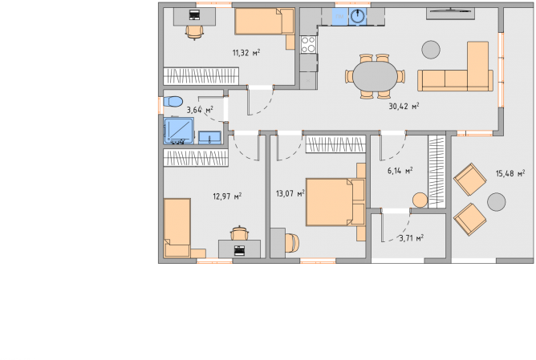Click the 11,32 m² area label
(x=246, y=53)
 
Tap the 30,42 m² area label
(x=404, y=106)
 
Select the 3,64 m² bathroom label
(x=200, y=110)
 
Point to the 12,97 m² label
(x=227, y=196)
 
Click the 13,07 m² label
(x=290, y=194)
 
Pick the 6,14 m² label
(x=400, y=171)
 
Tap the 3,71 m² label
(x=412, y=237)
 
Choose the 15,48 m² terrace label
(x=510, y=173)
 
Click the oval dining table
(x=375, y=76)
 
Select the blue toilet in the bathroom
(x=173, y=102)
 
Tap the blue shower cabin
(x=179, y=131)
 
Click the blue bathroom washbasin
(x=209, y=137)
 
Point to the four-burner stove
(x=308, y=44)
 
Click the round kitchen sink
(x=358, y=16)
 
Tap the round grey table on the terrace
(x=496, y=202)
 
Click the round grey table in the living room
(x=431, y=50)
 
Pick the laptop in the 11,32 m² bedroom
(x=194, y=15)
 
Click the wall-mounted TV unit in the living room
(x=450, y=13)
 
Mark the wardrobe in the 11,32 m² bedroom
(x=201, y=76)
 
